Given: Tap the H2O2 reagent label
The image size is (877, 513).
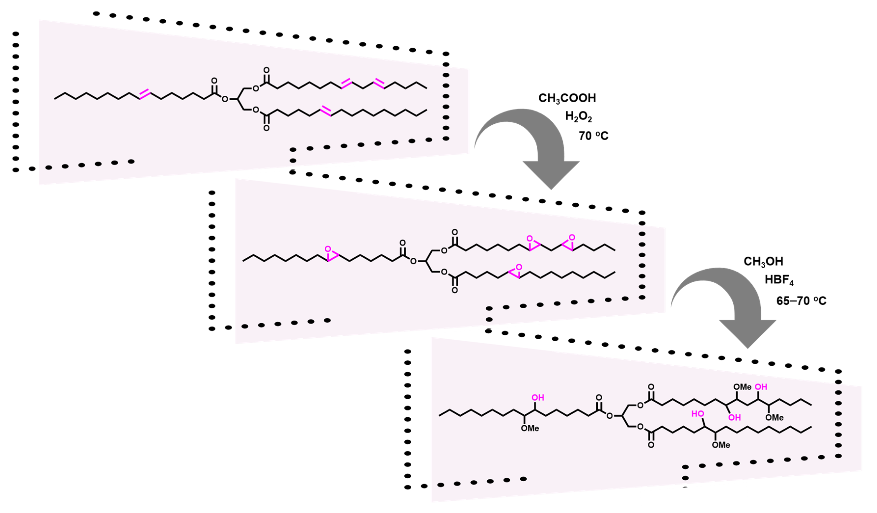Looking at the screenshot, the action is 578,117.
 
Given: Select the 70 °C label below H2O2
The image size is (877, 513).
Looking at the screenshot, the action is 593,136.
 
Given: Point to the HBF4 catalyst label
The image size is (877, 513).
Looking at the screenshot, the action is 779,280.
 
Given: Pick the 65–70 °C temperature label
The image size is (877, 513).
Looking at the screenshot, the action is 801,301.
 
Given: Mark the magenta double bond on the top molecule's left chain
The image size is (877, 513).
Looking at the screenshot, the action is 145,94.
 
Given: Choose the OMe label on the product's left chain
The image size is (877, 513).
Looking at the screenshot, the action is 530,428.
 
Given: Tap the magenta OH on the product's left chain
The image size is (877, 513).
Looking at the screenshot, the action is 538,397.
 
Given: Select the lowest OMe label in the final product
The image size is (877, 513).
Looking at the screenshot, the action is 721,445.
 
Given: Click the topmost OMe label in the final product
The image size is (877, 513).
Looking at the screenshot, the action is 742,387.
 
